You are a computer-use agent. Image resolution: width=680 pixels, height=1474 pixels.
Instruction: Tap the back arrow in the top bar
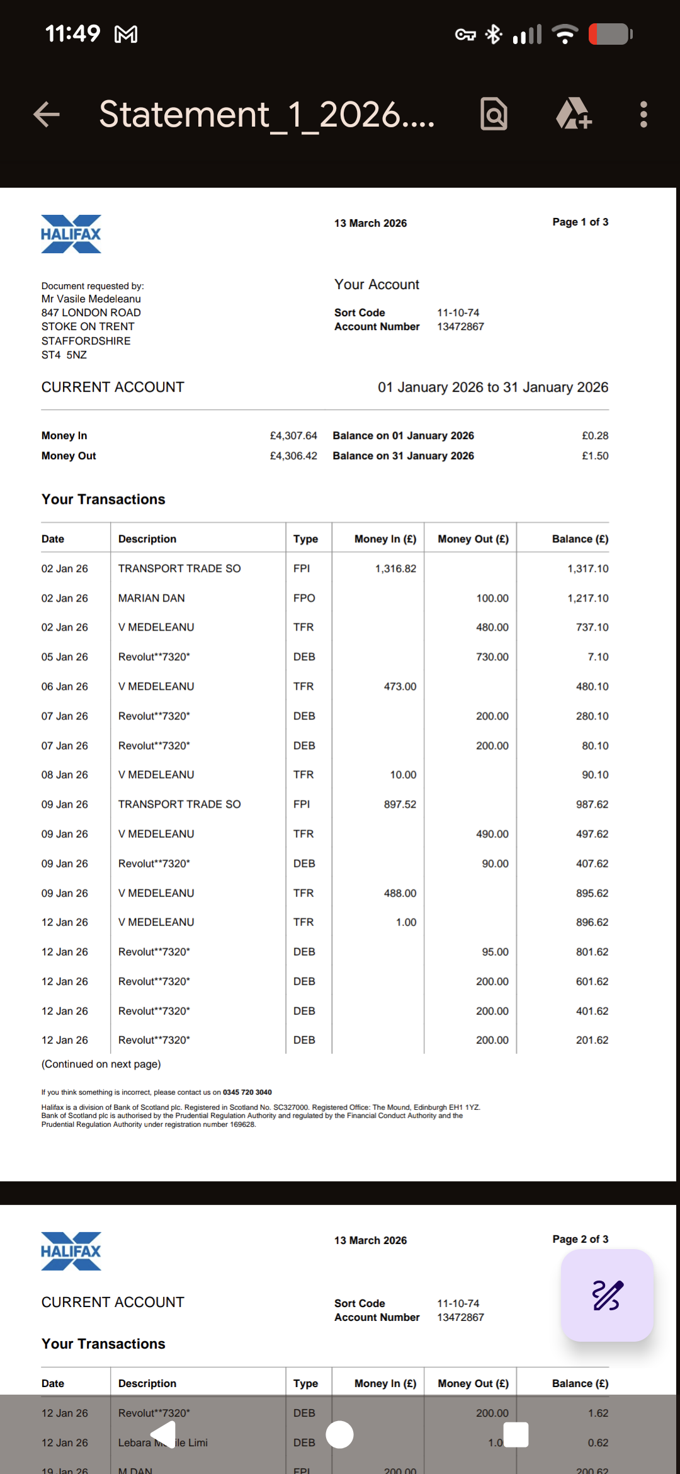pos(47,115)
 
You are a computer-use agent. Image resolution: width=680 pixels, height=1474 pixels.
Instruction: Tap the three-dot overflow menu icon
pos(643,115)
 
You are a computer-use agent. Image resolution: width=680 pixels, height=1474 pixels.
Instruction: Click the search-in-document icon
pos(494,115)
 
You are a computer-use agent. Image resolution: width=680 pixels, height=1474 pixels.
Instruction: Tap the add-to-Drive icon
pos(573,115)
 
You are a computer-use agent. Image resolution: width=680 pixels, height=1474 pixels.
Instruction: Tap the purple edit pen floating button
pos(607,1295)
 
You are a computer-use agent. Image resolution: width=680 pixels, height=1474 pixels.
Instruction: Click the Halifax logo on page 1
pos(71,234)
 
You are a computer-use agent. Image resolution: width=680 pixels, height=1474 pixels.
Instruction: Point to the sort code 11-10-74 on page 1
pos(458,312)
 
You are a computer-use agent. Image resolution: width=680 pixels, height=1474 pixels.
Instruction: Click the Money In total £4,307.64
pos(293,436)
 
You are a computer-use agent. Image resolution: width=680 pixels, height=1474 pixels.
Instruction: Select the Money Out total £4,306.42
pos(293,456)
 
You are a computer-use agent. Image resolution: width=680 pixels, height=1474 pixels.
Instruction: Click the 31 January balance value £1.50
pos(595,456)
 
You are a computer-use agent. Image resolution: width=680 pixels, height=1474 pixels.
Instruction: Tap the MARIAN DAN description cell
pos(152,598)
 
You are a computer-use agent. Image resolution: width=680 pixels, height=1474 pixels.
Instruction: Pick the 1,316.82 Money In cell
pos(395,569)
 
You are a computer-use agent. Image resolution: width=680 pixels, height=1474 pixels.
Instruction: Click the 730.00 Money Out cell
pos(492,657)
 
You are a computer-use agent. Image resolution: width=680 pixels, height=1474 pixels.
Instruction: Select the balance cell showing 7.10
pos(598,657)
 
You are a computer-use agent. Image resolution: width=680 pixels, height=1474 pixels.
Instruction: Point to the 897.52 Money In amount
pos(400,804)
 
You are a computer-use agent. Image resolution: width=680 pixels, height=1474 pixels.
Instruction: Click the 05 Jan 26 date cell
pos(65,657)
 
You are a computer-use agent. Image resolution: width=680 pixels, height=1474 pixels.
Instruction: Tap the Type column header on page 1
pos(305,539)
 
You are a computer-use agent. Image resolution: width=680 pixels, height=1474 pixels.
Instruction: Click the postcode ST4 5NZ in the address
pos(64,355)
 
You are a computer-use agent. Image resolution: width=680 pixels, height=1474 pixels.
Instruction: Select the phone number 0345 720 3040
pos(247,1092)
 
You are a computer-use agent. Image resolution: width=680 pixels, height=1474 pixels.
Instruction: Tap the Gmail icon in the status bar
pos(126,34)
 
